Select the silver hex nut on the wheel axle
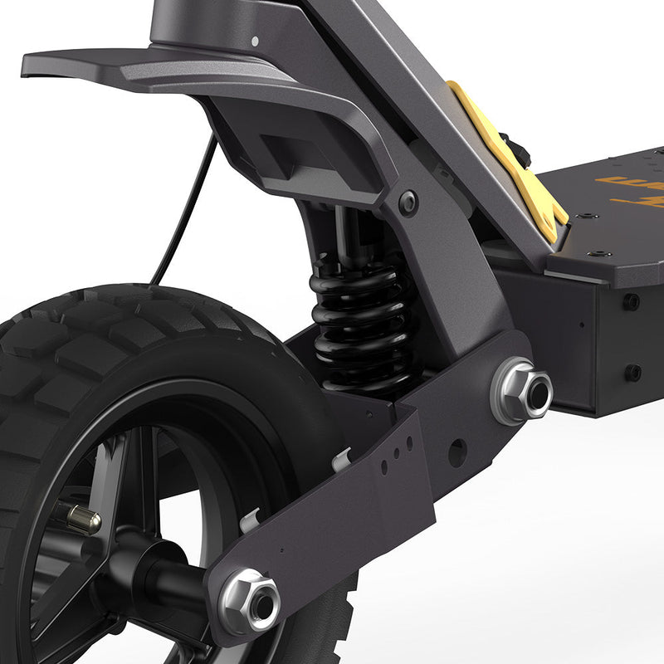[251, 600]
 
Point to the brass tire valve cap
[83, 520]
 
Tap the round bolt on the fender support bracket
[407, 203]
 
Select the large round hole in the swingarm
[456, 452]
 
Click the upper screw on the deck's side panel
[632, 301]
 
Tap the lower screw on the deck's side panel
[632, 372]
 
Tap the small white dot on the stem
[254, 40]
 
